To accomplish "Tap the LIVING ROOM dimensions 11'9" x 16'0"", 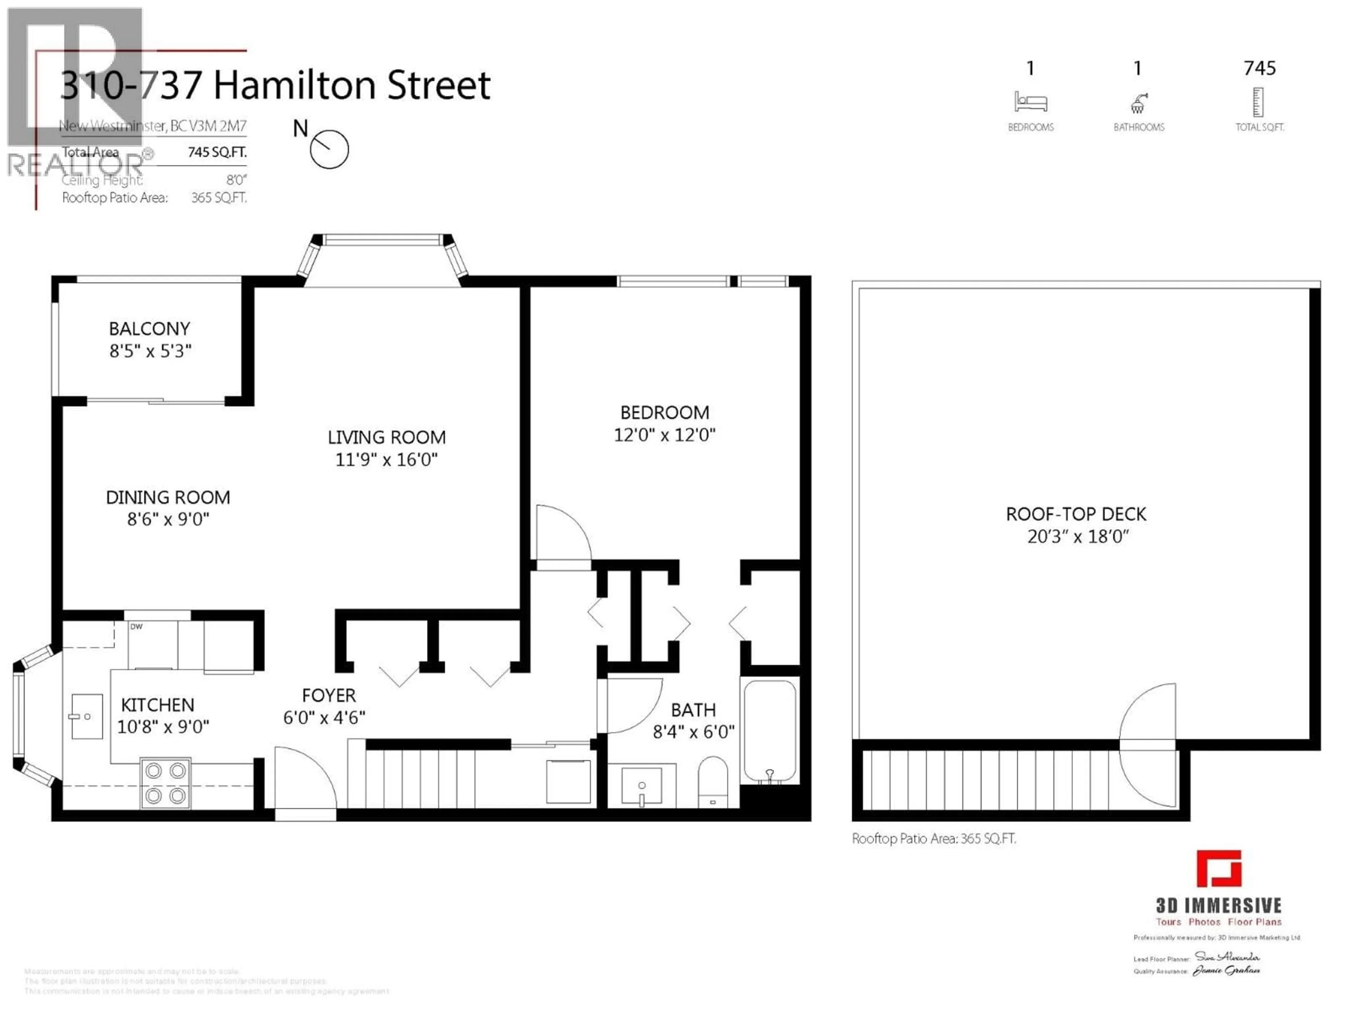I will [386, 460].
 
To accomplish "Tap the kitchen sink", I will [87, 717].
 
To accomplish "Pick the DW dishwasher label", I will [137, 627].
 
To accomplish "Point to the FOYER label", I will [329, 695].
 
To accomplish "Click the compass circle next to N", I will [329, 149].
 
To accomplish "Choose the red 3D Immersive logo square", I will [1219, 868].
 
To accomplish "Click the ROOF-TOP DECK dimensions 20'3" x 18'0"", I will [1077, 536].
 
